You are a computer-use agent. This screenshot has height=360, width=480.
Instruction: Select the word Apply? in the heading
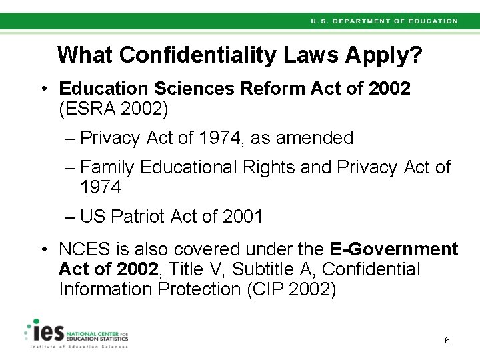tap(383, 55)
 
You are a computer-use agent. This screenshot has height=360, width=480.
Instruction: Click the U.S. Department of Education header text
tap(384, 21)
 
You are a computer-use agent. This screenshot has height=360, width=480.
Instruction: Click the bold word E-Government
tap(394, 249)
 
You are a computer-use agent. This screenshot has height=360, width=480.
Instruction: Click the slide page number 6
tap(447, 341)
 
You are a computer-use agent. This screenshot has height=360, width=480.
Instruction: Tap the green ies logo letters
tap(47, 331)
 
